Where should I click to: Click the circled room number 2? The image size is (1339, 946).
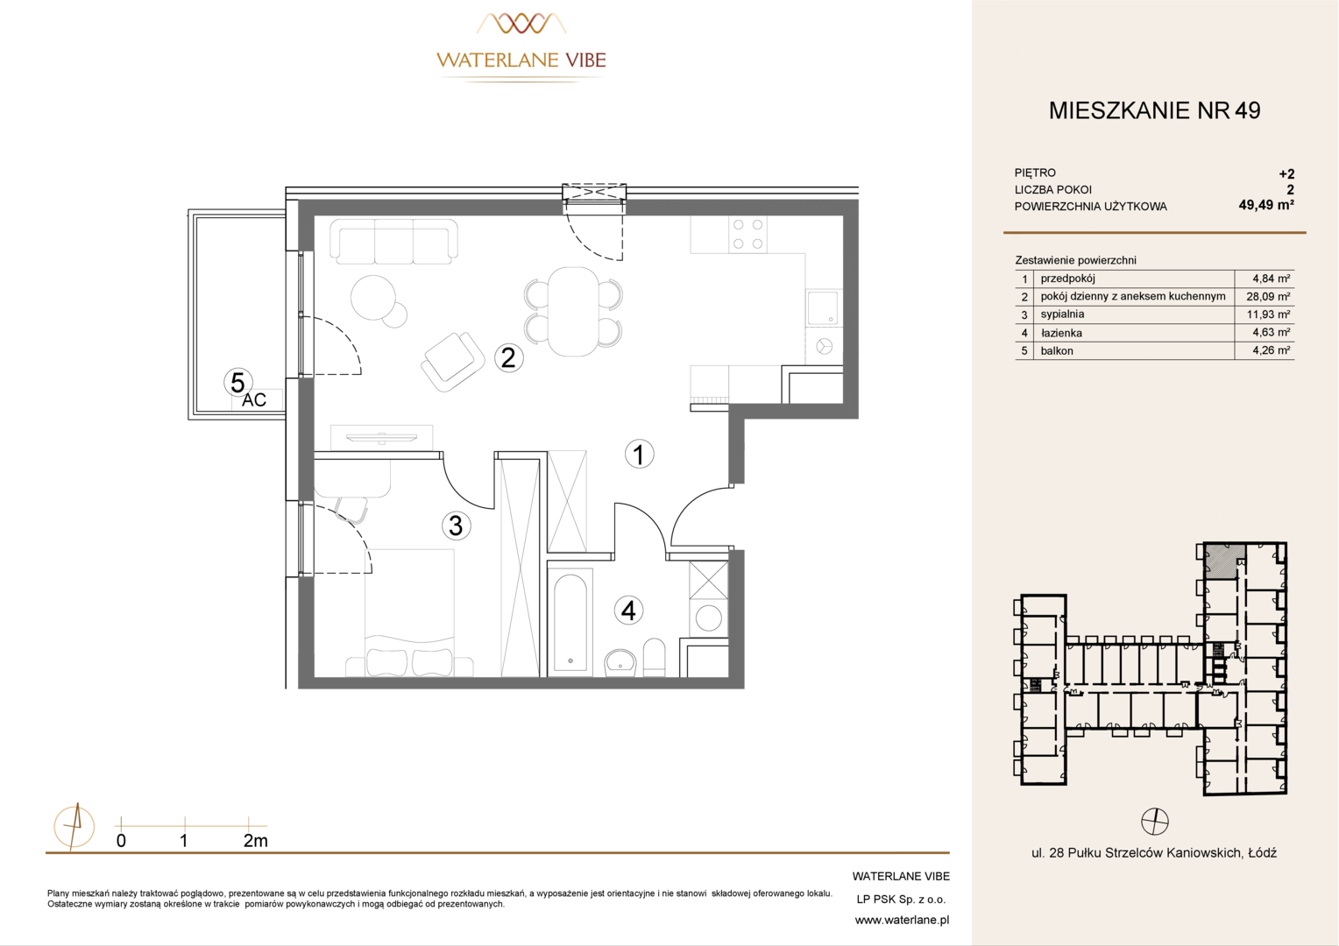[509, 358]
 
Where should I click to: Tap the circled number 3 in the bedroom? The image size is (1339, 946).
[456, 526]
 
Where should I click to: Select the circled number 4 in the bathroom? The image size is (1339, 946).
[628, 611]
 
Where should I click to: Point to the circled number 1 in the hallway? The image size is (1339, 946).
[639, 455]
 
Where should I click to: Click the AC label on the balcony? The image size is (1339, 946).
[254, 399]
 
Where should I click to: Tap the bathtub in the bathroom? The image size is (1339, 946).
[570, 622]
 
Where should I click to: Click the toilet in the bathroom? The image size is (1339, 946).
[654, 657]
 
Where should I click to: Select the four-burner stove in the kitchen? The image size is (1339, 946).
[747, 234]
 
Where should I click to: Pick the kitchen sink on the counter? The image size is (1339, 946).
[823, 307]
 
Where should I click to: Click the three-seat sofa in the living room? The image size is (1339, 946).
[394, 242]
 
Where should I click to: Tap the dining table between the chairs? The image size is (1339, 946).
[573, 312]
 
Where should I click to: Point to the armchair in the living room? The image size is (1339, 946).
[452, 362]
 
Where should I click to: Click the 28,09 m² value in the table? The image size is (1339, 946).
[1268, 296]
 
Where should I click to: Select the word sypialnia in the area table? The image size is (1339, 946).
[1062, 314]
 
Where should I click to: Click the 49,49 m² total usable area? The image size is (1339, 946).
[1266, 205]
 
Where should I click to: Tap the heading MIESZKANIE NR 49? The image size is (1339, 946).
[1154, 110]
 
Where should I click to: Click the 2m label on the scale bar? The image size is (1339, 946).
[255, 841]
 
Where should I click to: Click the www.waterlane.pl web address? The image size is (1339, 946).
[902, 921]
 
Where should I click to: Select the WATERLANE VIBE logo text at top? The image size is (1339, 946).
[521, 60]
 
